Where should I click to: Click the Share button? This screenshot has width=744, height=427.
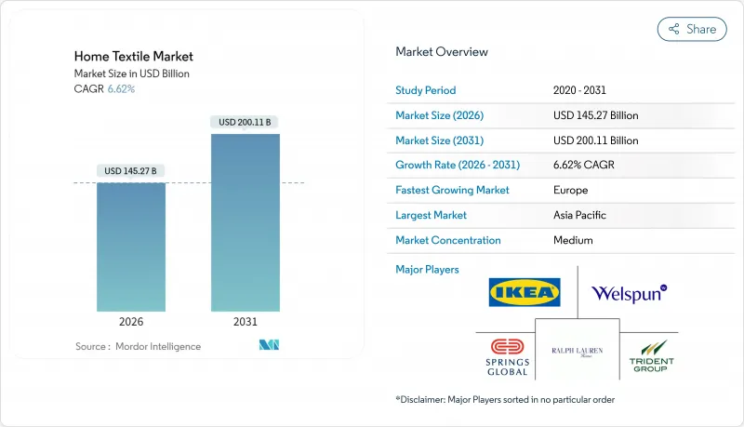692,29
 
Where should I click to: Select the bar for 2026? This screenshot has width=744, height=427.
131,247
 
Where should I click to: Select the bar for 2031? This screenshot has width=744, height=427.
246,222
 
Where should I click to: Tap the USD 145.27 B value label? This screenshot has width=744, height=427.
131,170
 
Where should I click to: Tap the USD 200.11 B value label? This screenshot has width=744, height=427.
246,122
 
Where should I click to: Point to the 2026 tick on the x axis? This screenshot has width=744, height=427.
131,322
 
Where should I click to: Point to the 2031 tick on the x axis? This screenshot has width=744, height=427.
246,322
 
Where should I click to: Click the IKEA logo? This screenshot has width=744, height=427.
525,292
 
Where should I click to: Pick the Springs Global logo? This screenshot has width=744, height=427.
507,357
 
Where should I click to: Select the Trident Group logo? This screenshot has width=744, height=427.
651,357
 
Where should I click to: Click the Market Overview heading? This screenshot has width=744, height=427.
441,51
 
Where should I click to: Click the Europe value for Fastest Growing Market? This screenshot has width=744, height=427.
570,190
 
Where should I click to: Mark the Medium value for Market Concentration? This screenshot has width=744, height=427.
573,240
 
